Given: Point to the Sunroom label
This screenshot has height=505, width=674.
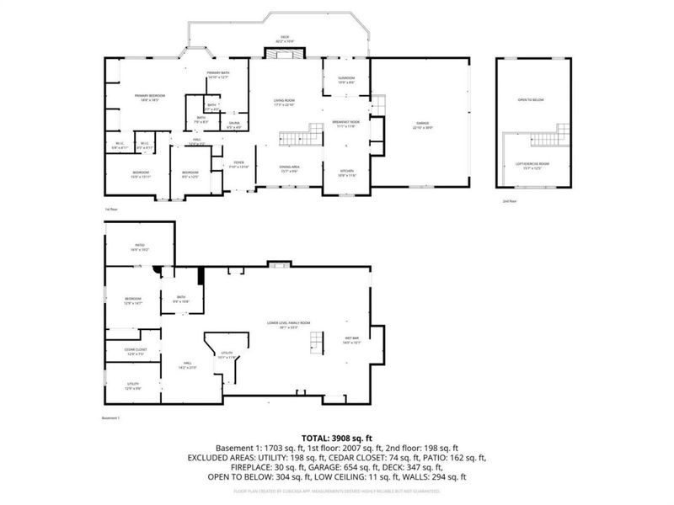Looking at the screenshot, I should pos(346,80).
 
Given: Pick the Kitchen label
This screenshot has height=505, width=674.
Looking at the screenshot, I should pos(346,173).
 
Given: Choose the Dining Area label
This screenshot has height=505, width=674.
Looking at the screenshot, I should pos(290,168).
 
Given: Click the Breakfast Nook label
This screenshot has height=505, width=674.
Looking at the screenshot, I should pos(346,124).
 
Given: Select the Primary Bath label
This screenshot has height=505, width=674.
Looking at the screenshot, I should pos(218,75).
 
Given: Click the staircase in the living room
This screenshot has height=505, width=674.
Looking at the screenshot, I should pos(302,136).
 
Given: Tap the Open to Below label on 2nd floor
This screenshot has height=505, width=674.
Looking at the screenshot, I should pos(531,100).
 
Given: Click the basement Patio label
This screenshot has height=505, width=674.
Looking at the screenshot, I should pos(139,247).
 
